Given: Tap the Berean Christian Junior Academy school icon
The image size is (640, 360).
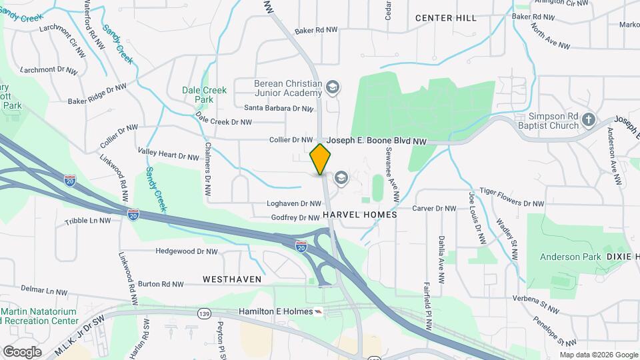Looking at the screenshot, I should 332,87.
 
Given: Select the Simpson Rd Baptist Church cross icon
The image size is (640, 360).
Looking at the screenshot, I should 587,119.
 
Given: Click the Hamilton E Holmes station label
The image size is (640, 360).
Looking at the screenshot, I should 274,312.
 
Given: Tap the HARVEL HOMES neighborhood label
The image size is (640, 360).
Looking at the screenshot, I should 359,215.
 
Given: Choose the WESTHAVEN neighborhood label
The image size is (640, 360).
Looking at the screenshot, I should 231,279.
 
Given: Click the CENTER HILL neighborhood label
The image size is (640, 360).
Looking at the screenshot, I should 446,18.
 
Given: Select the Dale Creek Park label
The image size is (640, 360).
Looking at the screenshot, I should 205,95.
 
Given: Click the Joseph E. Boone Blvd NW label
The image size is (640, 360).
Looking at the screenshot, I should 377,141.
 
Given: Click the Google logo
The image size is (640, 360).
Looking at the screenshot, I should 22,351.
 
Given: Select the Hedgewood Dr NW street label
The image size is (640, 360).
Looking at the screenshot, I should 186,251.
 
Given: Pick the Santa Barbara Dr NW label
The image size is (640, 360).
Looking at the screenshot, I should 278,108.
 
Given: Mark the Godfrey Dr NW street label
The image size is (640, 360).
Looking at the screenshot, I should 295,218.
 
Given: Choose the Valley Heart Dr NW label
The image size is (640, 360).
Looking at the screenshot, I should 168,155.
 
